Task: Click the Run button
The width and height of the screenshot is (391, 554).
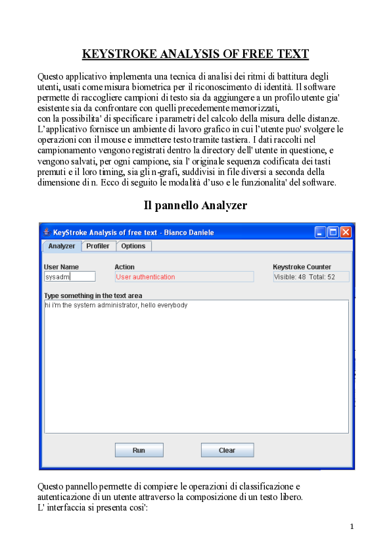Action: click(x=139, y=450)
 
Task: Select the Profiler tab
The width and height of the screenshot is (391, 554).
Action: click(x=98, y=246)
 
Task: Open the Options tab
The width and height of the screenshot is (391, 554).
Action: click(x=133, y=246)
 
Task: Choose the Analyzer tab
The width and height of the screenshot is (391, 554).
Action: click(x=62, y=246)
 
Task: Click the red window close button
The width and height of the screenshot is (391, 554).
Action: click(x=346, y=232)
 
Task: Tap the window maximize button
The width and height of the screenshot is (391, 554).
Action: click(x=333, y=232)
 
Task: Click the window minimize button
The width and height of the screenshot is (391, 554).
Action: click(x=321, y=232)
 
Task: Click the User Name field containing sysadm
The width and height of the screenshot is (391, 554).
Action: click(x=70, y=277)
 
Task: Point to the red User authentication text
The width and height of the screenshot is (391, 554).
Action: click(x=145, y=277)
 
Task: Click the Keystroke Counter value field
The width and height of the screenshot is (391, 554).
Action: click(x=311, y=277)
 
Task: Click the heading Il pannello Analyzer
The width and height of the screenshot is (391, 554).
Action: click(x=195, y=205)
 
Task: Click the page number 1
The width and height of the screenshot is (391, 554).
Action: click(x=352, y=526)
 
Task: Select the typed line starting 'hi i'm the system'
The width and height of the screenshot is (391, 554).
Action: click(x=116, y=305)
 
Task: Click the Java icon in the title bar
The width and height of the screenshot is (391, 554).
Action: click(x=46, y=232)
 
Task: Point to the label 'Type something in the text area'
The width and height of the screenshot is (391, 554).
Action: click(x=93, y=295)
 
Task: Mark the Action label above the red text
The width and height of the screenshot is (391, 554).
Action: click(x=124, y=266)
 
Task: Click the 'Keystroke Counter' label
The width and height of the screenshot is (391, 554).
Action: click(x=302, y=266)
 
